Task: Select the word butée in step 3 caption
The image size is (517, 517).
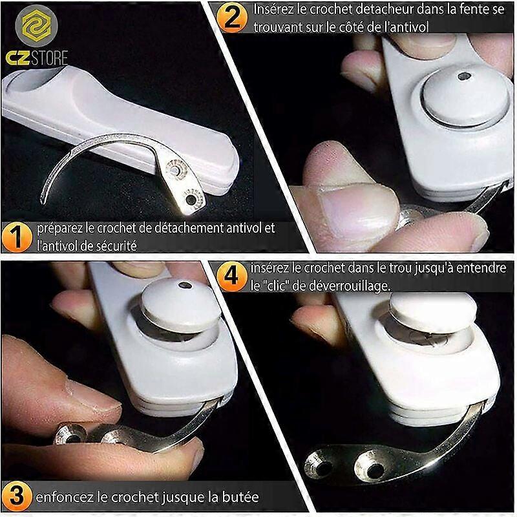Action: (240, 498)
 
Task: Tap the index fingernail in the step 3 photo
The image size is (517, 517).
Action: (90, 396)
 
